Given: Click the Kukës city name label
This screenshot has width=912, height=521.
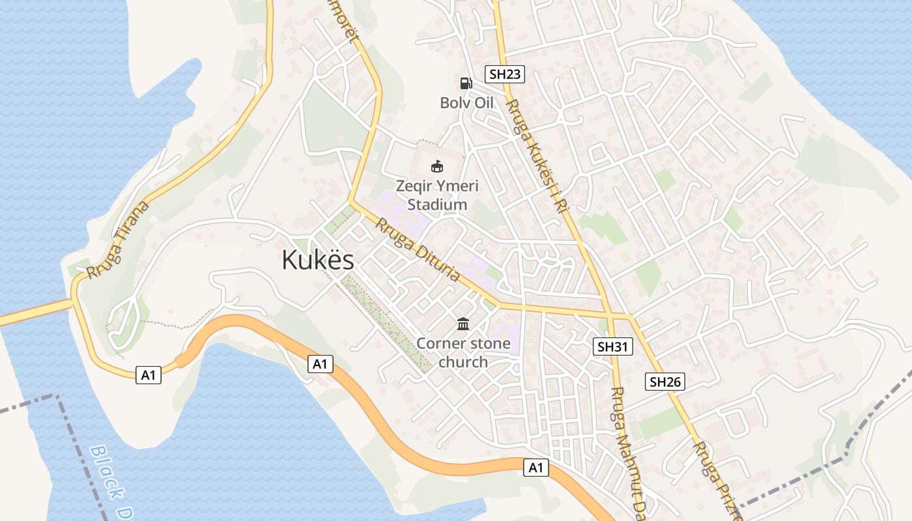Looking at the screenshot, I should point(318,260).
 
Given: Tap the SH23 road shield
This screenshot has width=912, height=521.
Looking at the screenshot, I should point(505,74).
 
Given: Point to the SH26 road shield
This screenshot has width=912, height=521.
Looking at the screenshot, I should point(665,382).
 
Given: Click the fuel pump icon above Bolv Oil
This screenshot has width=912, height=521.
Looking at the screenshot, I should point(466,83).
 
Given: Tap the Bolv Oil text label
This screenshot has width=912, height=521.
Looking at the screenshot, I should point(466,103).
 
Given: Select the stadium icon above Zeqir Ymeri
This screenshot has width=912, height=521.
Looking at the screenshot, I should point(437,167).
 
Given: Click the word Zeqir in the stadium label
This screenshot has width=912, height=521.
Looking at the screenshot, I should point(415,186).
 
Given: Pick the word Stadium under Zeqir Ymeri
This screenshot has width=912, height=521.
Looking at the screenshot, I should point(437,204).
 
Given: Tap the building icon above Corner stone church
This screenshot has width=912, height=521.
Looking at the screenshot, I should point(463,324).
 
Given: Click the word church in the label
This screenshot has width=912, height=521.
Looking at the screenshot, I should point(463,362).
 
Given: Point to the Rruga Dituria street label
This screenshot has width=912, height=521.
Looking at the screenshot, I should point(418,249).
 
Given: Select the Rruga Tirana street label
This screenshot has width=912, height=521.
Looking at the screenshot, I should point(118,240).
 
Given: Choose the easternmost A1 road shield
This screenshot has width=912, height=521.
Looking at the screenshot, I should point(535,467).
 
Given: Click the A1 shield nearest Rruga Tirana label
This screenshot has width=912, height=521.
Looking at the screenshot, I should point(149,374).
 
